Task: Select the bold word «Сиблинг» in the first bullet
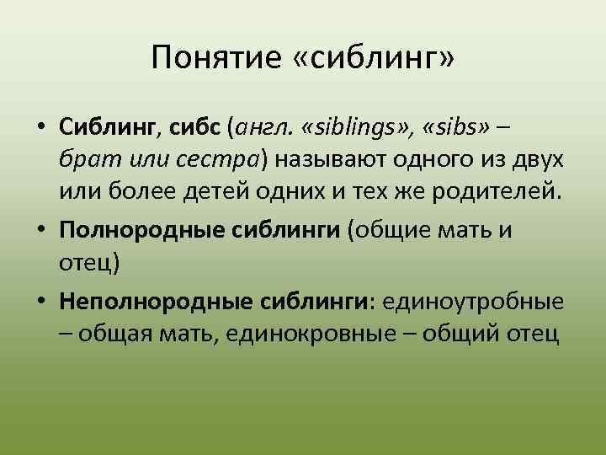[107, 128]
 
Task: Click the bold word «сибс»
[195, 128]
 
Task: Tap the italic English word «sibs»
[455, 128]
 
